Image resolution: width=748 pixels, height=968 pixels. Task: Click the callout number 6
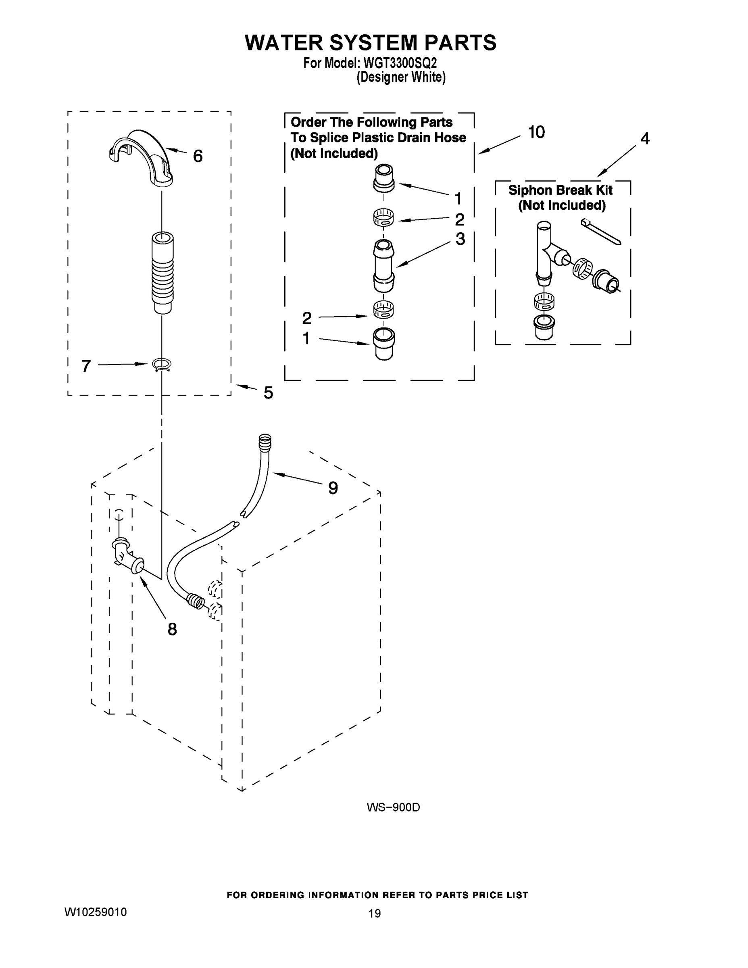coord(198,156)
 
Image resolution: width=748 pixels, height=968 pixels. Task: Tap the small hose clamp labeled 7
coord(162,364)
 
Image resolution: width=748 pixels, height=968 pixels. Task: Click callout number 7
coord(86,366)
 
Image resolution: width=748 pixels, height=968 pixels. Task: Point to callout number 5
coord(268,393)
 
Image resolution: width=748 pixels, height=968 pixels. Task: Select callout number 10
coord(536,132)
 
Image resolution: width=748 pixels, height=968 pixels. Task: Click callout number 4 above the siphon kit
coord(645,139)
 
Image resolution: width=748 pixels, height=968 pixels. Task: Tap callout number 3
coord(460,239)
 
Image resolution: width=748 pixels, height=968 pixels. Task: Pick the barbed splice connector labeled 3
coord(384,265)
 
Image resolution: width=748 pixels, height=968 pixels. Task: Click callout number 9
coord(333,488)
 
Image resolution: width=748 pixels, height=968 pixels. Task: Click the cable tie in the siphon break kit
coord(600,231)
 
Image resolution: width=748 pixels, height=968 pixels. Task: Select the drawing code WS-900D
coord(393,807)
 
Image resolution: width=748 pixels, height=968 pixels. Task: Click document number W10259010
coord(95,912)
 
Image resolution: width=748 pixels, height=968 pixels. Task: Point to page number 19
coord(375,913)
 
